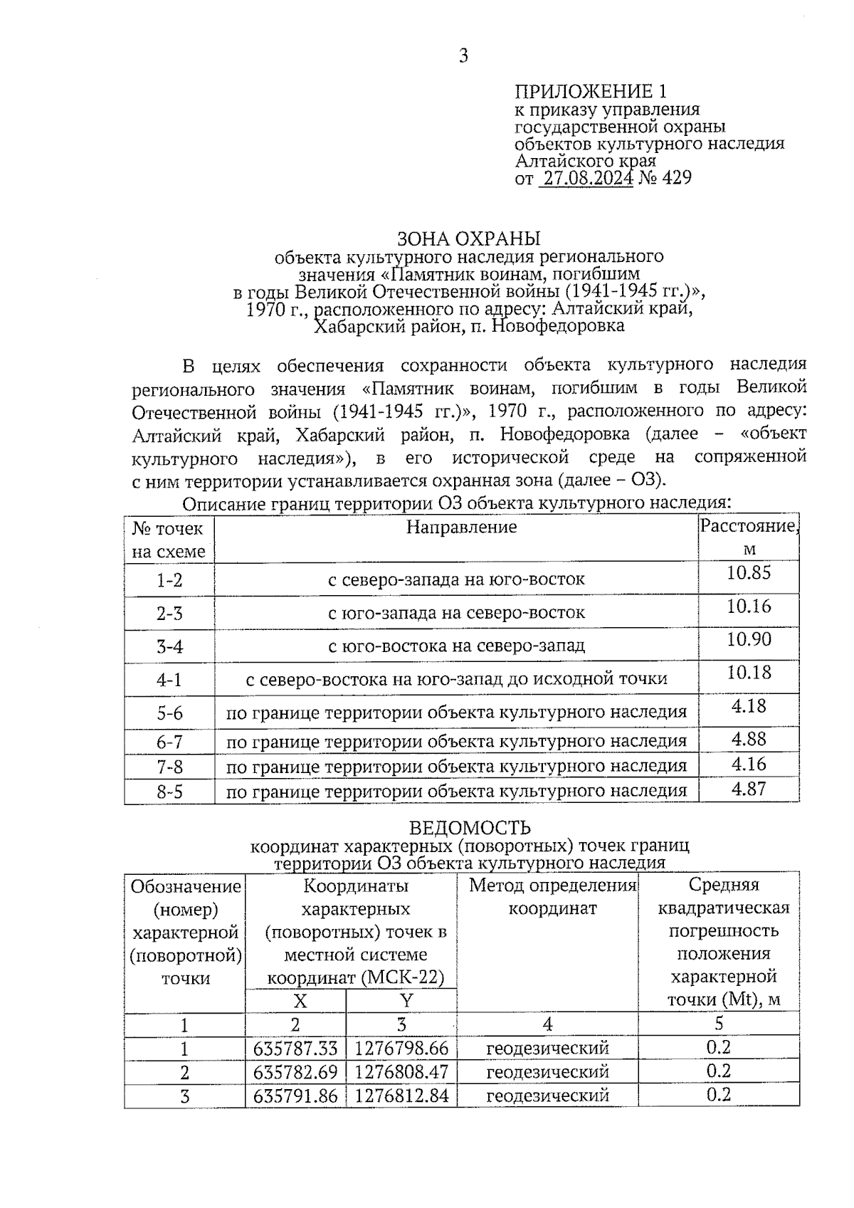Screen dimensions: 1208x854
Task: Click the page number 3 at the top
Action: [x=463, y=56]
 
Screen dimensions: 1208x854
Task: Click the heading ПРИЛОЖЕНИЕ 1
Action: [x=591, y=92]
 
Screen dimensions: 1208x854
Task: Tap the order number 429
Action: [x=677, y=178]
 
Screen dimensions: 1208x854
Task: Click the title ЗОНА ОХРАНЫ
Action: [x=468, y=238]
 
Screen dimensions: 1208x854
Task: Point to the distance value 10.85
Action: [x=749, y=573]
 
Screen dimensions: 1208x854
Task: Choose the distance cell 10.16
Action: [x=749, y=606]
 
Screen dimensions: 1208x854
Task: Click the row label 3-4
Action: [x=169, y=646]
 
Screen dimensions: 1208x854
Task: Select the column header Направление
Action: [x=461, y=527]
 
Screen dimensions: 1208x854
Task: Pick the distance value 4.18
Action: [x=749, y=706]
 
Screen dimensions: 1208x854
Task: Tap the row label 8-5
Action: [x=169, y=792]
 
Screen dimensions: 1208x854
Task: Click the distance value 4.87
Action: [x=749, y=789]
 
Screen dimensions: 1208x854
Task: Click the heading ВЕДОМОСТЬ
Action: [x=470, y=828]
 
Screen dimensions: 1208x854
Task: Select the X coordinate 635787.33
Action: [x=295, y=1049]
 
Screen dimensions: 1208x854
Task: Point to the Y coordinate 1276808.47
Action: [x=401, y=1072]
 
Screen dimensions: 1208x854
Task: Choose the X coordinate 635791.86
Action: [x=295, y=1096]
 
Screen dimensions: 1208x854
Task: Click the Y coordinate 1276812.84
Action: [x=401, y=1096]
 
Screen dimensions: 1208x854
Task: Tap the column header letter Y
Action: [x=406, y=1001]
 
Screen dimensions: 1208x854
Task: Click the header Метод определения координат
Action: [x=552, y=897]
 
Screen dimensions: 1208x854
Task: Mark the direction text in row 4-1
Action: [x=456, y=680]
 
